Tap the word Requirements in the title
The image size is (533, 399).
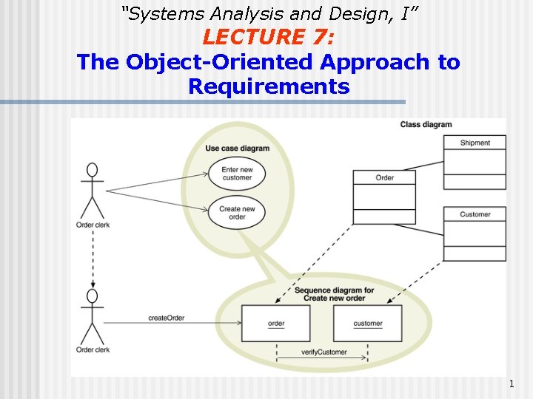coord(268,86)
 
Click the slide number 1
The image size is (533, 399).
coord(512,383)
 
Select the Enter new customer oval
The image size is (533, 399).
coord(237,174)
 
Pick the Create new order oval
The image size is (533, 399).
coord(237,213)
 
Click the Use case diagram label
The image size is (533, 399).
coord(237,148)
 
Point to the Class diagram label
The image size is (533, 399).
coord(426,125)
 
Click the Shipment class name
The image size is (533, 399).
coord(475,143)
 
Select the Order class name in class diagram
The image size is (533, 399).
coord(384,177)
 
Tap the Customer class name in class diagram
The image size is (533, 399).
coord(475,214)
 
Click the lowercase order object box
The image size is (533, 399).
coord(276,323)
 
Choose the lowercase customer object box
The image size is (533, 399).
coord(368,323)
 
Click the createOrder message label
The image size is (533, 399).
coord(166,318)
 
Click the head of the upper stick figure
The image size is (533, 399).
coord(93,169)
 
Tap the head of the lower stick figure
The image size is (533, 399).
coord(93,296)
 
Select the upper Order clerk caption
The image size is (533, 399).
coord(93,225)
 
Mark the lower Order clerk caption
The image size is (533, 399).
coord(93,349)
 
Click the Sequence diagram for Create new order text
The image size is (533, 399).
coord(334,294)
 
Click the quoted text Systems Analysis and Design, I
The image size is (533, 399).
coord(266,13)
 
